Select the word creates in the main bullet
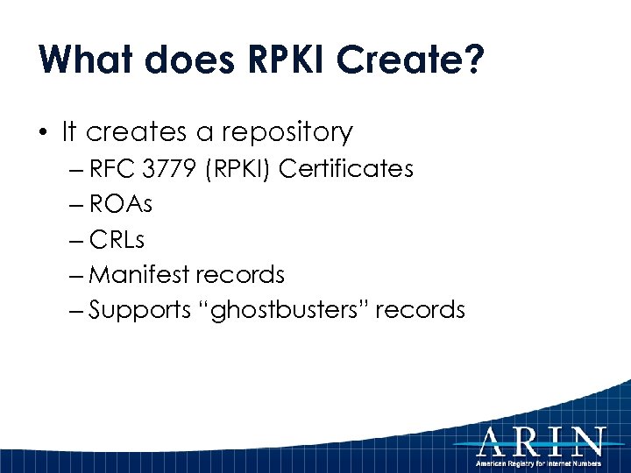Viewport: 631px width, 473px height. (x=137, y=133)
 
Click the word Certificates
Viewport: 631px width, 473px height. (x=345, y=169)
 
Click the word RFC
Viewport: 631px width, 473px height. (x=110, y=169)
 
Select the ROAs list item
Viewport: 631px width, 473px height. (x=121, y=204)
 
